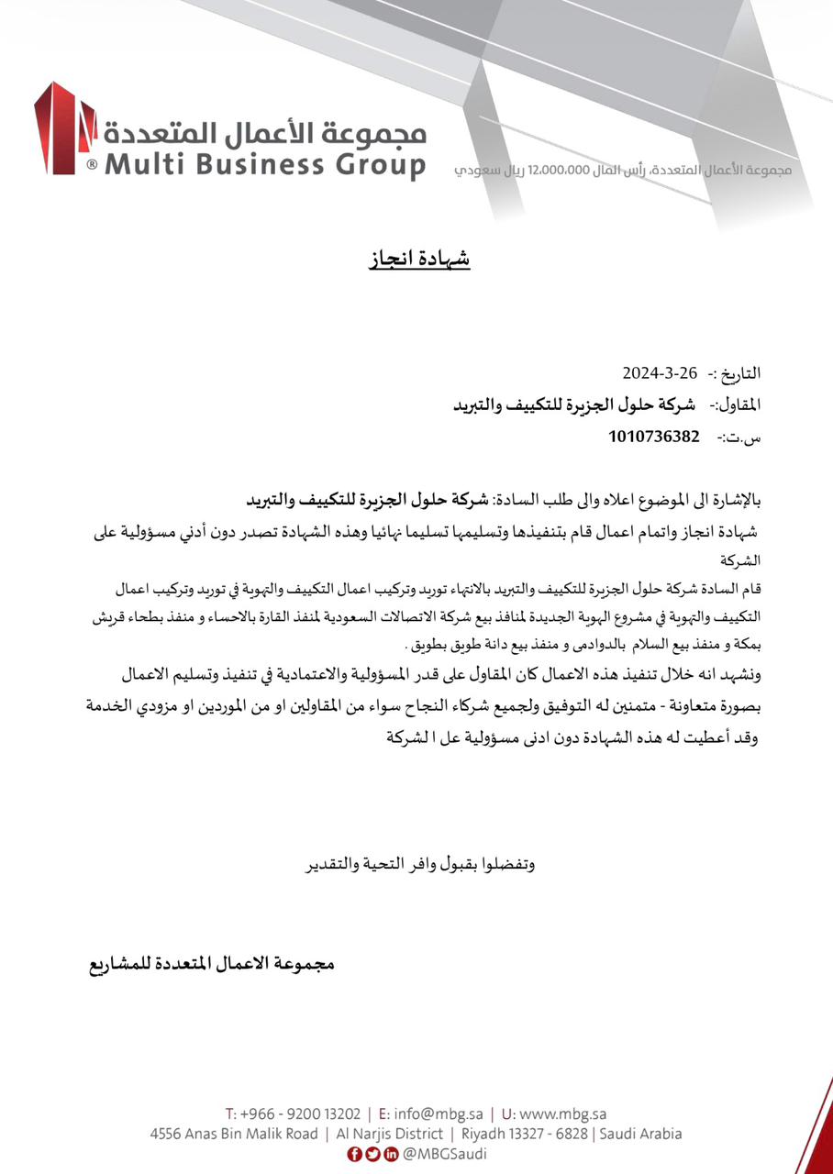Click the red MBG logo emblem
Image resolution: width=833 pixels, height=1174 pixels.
[x=64, y=128]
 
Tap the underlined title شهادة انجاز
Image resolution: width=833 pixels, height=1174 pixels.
[x=419, y=259]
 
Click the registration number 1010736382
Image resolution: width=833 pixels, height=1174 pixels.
[x=653, y=437]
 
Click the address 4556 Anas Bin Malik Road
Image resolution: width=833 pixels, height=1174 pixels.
[x=234, y=1134]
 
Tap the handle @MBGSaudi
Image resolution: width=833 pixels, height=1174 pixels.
[x=445, y=1154]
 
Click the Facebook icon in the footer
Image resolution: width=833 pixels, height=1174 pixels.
[x=354, y=1154]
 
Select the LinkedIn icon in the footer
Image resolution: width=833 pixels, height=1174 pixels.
[x=391, y=1154]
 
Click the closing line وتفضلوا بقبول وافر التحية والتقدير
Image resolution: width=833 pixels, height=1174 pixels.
[x=419, y=864]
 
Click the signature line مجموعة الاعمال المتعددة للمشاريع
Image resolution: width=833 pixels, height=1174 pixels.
[x=211, y=964]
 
